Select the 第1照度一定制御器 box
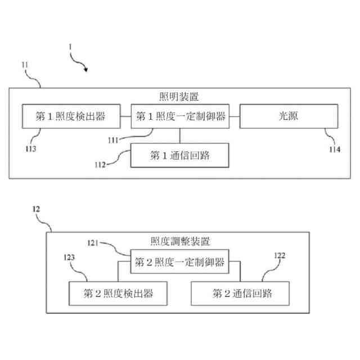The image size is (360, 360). point(180,116)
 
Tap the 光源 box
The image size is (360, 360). point(289,116)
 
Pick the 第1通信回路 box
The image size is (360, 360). point(180,155)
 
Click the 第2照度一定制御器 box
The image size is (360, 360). point(180,262)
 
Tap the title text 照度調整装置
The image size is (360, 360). point(180,241)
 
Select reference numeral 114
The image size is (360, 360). point(334,148)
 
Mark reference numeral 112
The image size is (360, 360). point(101,165)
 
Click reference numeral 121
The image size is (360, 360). point(94,242)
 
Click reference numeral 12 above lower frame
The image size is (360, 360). point(37,209)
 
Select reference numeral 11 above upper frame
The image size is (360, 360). point(25,65)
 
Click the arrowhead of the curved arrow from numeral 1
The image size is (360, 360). point(86,70)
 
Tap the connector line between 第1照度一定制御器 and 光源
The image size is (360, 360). point(235,116)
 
